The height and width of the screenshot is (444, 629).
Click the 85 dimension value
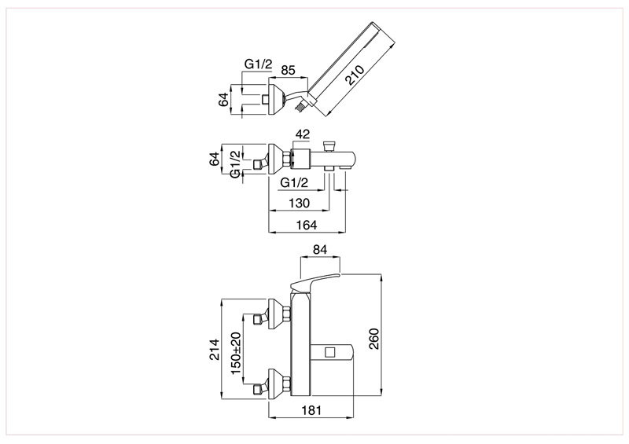coord(288,70)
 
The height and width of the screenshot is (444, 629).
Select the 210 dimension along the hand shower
coord(355,75)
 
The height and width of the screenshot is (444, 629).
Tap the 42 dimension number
coord(303,134)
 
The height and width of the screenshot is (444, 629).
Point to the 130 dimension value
coord(300,203)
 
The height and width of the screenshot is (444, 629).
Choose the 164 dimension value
coord(306,225)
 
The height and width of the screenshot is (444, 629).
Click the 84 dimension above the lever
coord(320,250)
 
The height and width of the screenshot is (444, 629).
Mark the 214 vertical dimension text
coord(215,350)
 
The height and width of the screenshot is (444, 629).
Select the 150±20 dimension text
coord(237,353)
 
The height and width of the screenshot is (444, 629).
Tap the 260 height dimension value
coord(373,339)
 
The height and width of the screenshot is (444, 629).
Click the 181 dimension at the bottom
coord(311,410)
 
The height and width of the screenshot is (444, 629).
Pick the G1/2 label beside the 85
coord(259,64)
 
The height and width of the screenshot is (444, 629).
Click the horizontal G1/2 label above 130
coord(294,183)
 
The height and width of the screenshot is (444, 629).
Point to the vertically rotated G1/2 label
coord(237,163)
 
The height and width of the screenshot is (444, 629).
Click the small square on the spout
coord(330,352)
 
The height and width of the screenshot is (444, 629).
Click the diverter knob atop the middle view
coord(329,145)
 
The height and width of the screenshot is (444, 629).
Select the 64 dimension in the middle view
coord(215,159)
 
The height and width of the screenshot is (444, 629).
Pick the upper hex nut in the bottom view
coord(286,314)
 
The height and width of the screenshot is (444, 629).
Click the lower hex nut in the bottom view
coord(286,383)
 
